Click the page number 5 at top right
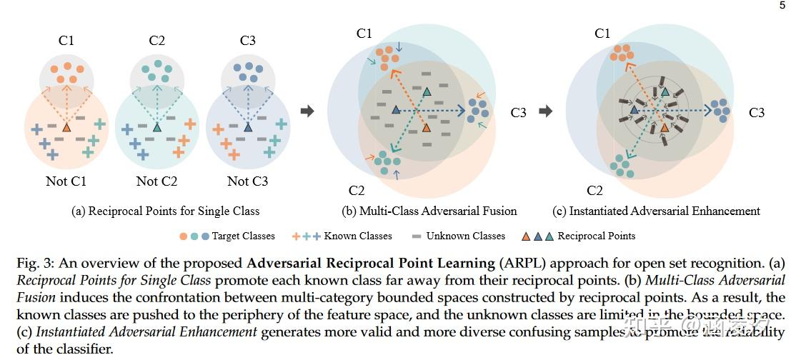(782, 6)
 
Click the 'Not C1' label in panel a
(66, 181)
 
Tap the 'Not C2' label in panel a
(156, 181)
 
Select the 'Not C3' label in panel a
(247, 181)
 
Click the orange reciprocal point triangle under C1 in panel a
(66, 127)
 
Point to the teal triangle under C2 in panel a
(157, 127)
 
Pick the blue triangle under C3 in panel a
(248, 127)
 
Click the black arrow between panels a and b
(307, 111)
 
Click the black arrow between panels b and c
(545, 111)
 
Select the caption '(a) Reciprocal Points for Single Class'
(165, 211)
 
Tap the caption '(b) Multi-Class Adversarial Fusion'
(429, 211)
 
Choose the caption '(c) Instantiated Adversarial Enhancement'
(656, 211)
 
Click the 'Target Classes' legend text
(244, 236)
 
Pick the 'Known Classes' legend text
(358, 236)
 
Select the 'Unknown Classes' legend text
(465, 236)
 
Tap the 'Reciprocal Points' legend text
(596, 236)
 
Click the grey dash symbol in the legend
(417, 236)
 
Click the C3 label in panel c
(757, 112)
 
